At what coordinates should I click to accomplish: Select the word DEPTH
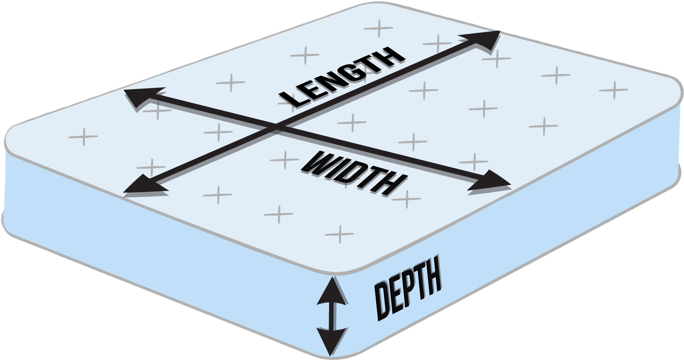click(x=408, y=288)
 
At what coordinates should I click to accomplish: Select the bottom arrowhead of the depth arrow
click(x=331, y=341)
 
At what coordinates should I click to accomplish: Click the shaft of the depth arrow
click(x=331, y=316)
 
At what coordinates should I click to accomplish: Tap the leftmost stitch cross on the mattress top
click(x=83, y=137)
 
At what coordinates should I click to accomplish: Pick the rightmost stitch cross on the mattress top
click(x=614, y=90)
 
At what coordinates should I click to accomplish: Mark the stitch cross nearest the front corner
click(x=339, y=234)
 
